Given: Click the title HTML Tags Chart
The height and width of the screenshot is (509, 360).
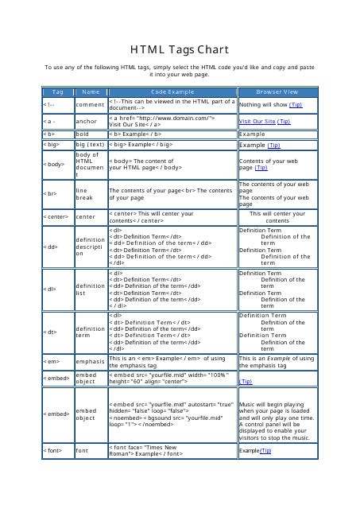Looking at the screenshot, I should (180, 49).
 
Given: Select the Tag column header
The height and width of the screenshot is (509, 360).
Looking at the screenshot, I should (58, 92).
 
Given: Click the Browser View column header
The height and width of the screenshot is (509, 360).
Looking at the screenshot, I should (277, 92).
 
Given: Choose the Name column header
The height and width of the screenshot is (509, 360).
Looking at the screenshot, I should (91, 92).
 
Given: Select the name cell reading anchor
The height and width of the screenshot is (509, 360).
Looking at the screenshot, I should (86, 121).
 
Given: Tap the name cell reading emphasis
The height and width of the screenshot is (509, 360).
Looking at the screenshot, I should (90, 361).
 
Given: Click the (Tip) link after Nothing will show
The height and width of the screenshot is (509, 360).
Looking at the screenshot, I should (295, 104).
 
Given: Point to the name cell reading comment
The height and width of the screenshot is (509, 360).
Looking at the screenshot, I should (90, 104).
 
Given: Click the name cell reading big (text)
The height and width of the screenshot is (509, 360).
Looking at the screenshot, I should (90, 146).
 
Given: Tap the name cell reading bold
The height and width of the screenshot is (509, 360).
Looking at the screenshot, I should (82, 134).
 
